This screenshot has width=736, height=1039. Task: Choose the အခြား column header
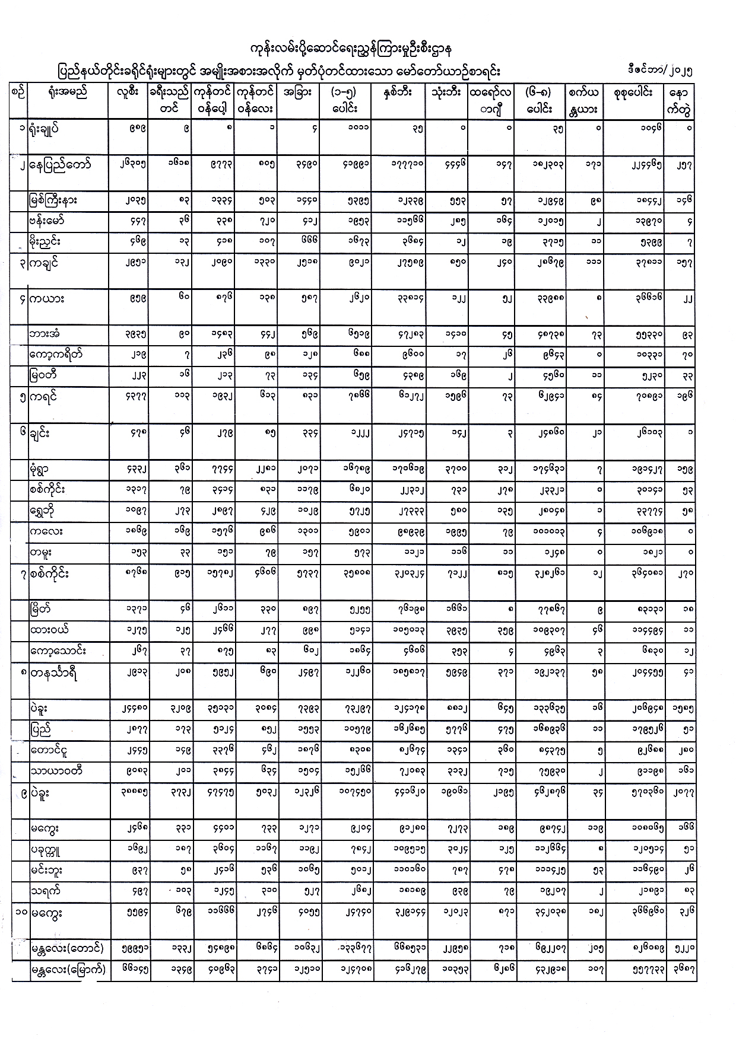298,93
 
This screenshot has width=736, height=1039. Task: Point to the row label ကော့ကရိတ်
60,354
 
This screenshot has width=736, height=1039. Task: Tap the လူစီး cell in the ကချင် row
130,263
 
